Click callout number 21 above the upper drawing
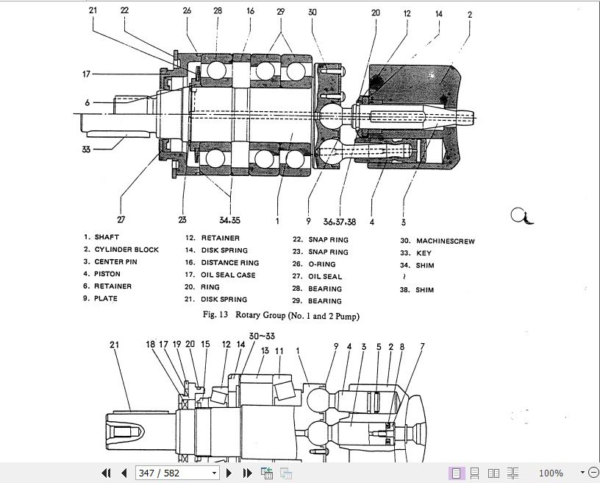93,10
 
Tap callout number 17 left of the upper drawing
86,74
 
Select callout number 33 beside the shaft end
86,149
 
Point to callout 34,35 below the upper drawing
229,220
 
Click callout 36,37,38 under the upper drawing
340,221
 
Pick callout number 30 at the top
312,13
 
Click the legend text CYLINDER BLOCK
126,250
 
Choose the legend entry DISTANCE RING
229,263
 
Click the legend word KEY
424,253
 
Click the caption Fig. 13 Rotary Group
281,316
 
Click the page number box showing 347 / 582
176,473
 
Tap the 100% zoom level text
551,473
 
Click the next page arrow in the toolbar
229,473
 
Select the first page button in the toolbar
106,473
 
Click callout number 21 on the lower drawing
114,344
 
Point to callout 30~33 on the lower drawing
261,336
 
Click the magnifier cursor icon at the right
521,215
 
